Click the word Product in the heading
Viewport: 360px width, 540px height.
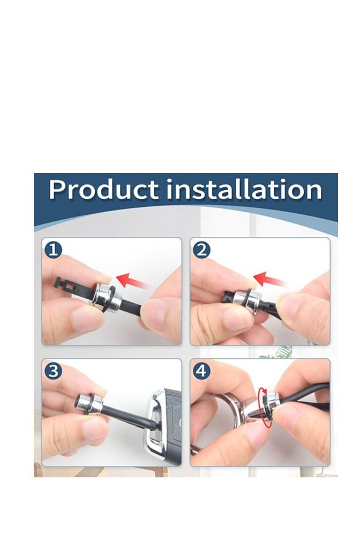tap(104, 189)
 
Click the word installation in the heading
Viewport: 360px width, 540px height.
tap(244, 189)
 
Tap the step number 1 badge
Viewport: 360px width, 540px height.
tap(53, 250)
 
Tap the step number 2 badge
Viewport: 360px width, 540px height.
tap(201, 250)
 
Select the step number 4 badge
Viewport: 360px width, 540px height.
tap(201, 371)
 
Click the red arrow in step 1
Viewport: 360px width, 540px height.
tap(132, 281)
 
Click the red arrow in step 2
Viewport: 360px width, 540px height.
tap(269, 279)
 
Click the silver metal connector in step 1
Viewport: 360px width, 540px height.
tap(106, 297)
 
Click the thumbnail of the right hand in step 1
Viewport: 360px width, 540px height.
tap(153, 313)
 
